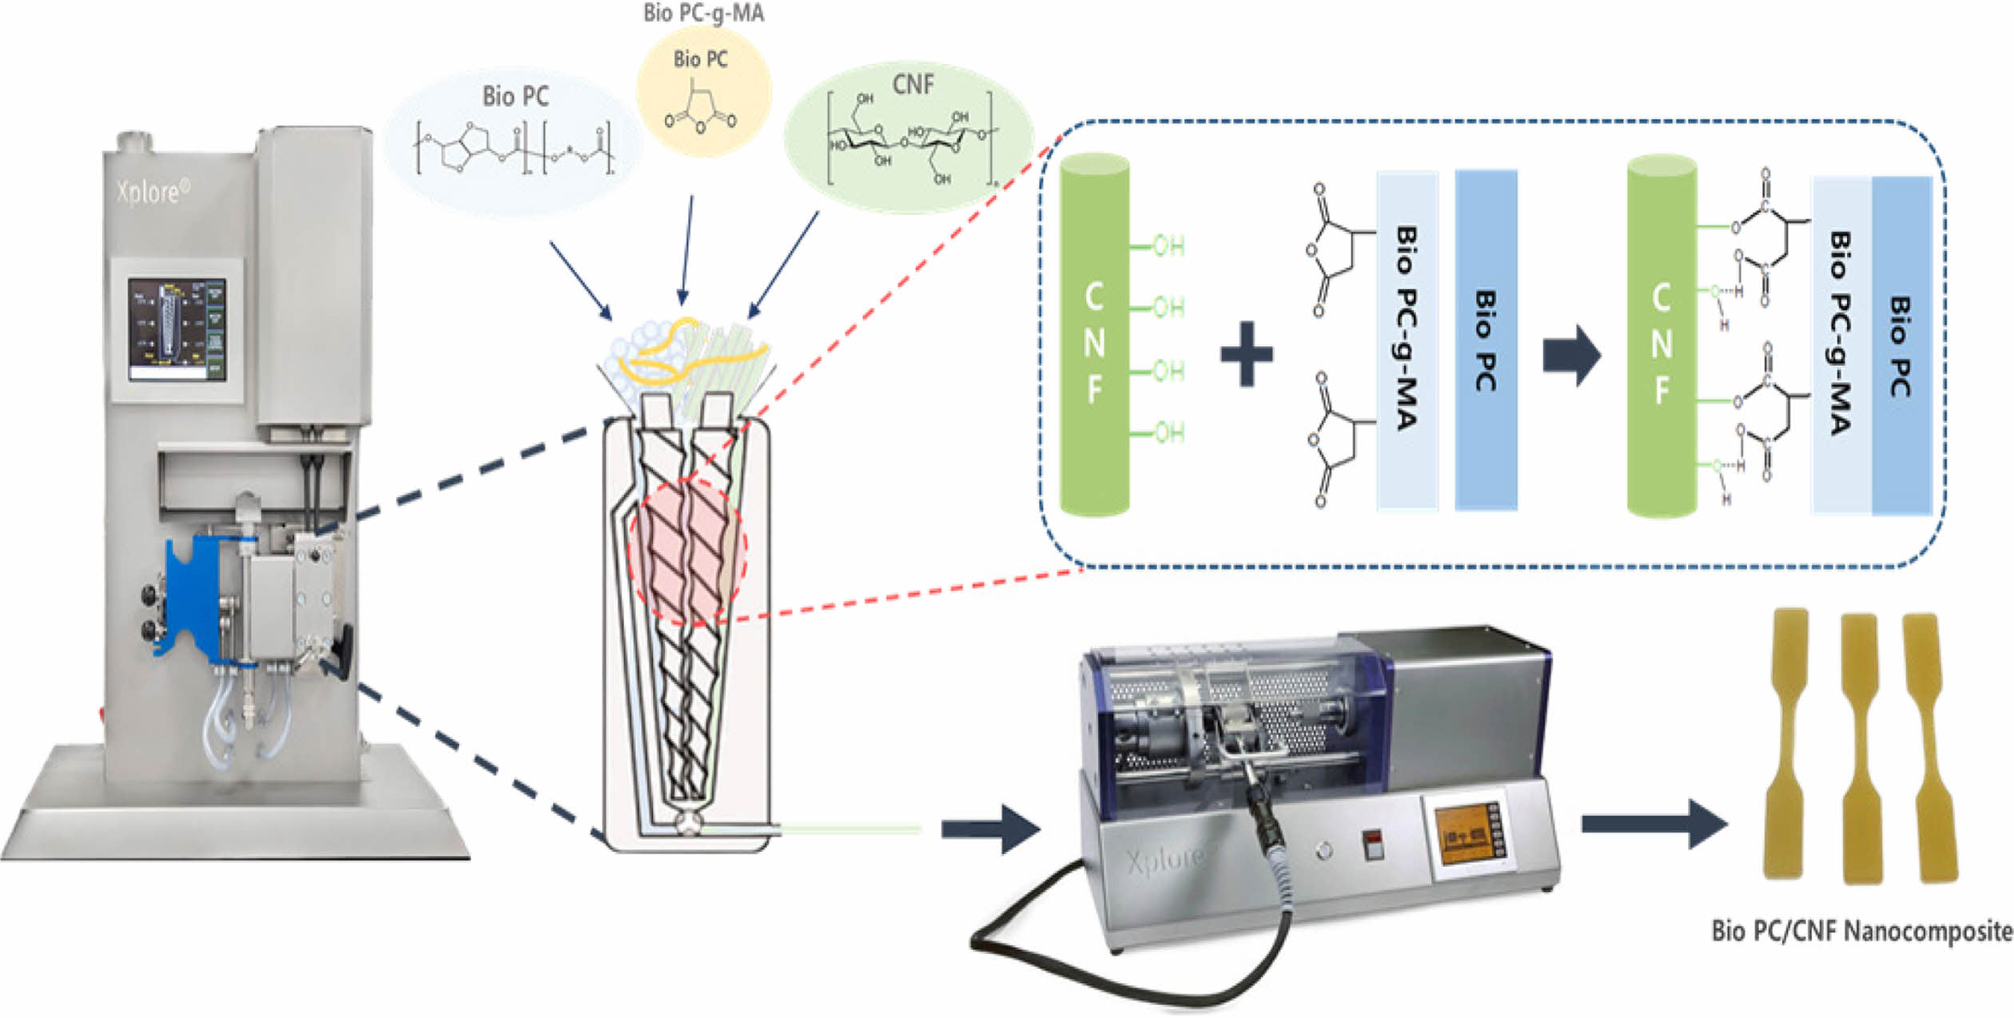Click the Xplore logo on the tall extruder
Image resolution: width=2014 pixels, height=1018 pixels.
[153, 191]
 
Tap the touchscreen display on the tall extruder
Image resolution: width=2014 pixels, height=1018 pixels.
[177, 329]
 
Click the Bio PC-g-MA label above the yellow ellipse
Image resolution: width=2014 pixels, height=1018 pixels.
[703, 14]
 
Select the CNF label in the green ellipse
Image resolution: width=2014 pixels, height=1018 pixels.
[912, 84]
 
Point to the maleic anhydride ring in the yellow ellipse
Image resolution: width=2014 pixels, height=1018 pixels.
[701, 112]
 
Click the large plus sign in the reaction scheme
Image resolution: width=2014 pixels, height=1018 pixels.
[1247, 354]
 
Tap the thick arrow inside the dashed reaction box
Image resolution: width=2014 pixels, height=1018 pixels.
[1571, 355]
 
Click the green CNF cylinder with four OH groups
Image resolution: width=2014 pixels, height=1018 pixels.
[1094, 336]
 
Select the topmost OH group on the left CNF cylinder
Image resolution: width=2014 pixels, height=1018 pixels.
[1167, 245]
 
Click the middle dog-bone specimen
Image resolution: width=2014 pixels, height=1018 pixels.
[1861, 747]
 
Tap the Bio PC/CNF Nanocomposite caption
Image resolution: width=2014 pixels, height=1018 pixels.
[1861, 931]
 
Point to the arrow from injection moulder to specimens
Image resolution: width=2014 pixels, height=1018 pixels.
[1654, 824]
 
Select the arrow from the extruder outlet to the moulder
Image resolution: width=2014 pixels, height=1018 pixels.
[990, 829]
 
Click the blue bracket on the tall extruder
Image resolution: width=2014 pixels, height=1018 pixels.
[192, 595]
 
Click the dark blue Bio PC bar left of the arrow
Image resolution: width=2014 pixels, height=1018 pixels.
[1485, 340]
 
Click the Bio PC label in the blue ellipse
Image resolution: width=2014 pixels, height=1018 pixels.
[515, 97]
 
